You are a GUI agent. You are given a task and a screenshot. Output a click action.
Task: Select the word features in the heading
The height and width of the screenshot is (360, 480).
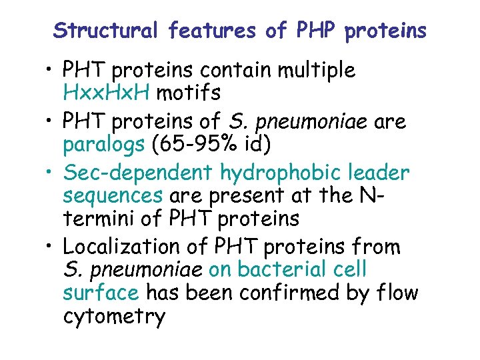(x=212, y=31)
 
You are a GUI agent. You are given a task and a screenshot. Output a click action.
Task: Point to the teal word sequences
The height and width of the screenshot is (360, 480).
(x=113, y=197)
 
